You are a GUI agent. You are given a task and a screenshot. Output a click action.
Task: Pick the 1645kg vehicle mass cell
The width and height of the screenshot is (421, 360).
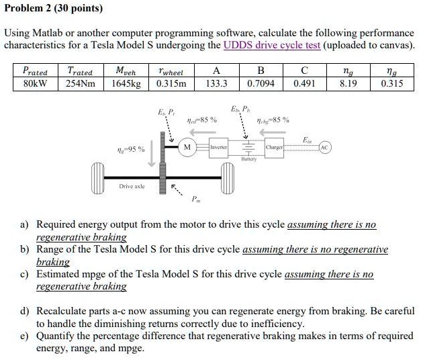(128, 83)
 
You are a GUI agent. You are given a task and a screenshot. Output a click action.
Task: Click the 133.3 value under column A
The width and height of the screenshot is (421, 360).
(216, 83)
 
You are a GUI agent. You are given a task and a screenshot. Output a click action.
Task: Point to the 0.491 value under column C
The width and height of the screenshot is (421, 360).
(305, 83)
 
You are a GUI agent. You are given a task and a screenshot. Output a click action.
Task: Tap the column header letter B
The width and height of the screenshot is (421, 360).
(261, 70)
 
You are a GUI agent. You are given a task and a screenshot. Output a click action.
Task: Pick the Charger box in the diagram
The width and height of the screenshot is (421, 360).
(275, 146)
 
